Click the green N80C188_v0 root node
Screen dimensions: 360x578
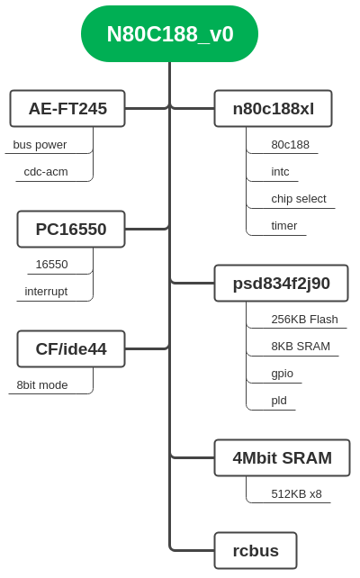169,33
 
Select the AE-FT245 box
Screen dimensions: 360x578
67,108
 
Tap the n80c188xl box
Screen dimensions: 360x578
273,108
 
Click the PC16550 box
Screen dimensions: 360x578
71,229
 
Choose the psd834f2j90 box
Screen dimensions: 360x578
281,283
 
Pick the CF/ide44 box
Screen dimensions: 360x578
71,348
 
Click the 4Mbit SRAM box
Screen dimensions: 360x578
283,457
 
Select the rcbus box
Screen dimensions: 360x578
256,550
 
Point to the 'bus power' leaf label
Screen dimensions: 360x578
40,144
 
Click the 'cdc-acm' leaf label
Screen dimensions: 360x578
46,172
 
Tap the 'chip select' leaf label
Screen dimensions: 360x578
299,199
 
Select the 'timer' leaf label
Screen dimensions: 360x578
284,226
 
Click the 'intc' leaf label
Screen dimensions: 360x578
280,172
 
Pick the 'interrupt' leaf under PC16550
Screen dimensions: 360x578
46,291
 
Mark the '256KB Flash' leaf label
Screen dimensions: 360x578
305,320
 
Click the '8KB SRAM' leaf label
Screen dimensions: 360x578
301,346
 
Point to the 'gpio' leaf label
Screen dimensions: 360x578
283,374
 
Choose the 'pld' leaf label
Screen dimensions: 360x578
279,401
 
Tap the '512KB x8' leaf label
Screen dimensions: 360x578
297,493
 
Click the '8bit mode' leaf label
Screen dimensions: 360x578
42,384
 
